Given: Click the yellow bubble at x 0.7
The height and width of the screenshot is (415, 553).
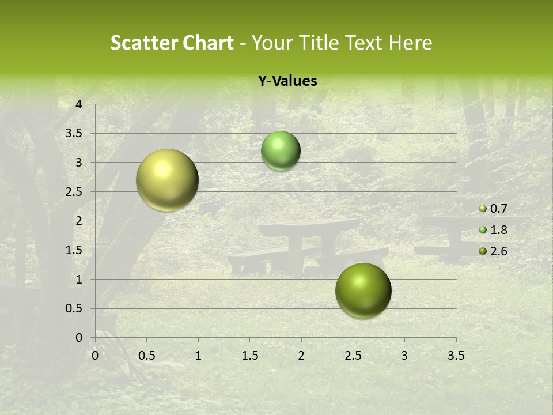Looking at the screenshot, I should [x=167, y=180].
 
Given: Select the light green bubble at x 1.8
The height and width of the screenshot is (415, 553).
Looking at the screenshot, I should [x=281, y=150].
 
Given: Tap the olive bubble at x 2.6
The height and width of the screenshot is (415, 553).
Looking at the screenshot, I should [x=363, y=290].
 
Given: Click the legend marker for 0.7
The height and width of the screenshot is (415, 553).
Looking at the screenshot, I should [x=483, y=209].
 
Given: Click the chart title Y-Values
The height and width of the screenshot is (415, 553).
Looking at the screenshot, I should [x=287, y=81].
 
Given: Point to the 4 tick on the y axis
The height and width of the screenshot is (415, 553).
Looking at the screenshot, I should [x=79, y=104].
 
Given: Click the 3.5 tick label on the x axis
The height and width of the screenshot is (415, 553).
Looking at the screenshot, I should [x=456, y=356].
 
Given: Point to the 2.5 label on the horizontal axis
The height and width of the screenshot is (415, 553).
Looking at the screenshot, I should [x=353, y=356].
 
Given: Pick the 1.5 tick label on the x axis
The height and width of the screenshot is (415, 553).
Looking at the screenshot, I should [x=249, y=356].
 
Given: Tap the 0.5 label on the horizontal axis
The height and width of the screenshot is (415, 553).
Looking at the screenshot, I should [x=146, y=356].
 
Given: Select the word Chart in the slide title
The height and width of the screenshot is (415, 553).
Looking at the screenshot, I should [x=208, y=43].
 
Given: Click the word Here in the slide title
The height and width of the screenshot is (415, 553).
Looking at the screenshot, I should [x=410, y=43].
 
